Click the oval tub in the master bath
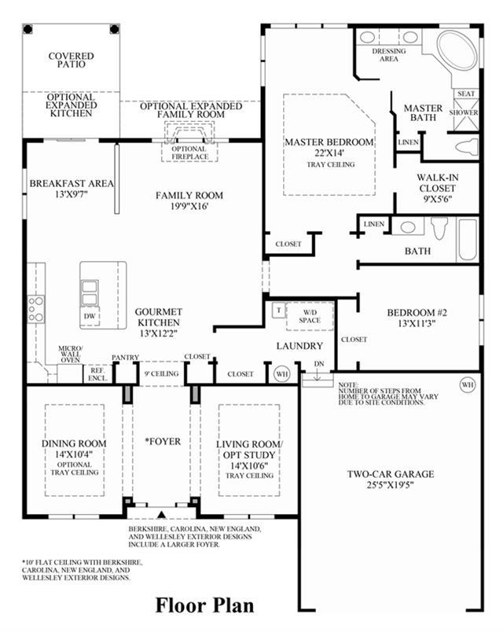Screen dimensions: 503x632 [x=457, y=50]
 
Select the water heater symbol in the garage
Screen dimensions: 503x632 [x=467, y=384]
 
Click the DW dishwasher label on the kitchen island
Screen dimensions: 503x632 [x=90, y=316]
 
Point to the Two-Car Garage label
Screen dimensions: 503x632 [x=391, y=474]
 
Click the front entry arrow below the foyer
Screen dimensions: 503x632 [x=162, y=514]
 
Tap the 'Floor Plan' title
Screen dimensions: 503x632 [x=205, y=605]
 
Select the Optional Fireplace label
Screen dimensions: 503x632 [x=190, y=152]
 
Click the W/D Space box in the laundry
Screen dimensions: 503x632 [x=310, y=317]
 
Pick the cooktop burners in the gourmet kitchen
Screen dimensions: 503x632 [x=36, y=309]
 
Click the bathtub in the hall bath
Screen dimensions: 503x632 [x=468, y=241]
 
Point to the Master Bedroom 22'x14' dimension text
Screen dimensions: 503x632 [x=329, y=152]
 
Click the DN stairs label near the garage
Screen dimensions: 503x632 [x=319, y=364]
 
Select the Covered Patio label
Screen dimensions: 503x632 [x=71, y=60]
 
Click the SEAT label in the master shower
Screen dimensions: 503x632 [x=466, y=94]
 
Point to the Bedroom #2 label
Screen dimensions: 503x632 [x=417, y=312]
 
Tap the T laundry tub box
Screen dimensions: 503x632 [x=278, y=310]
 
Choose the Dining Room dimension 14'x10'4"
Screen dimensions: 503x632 [x=74, y=454]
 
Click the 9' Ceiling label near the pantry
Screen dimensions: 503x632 [x=162, y=373]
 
